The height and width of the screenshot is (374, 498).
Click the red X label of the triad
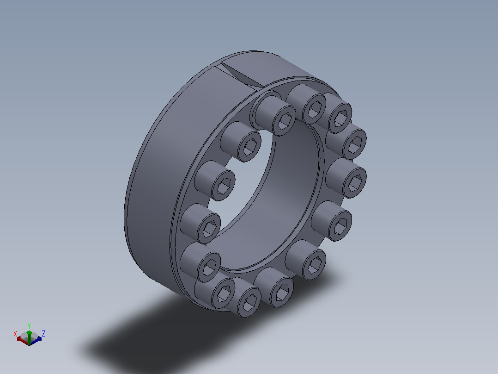(x=15, y=334)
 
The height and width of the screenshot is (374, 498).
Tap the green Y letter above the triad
(x=29, y=325)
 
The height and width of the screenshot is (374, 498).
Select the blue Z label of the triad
(x=43, y=333)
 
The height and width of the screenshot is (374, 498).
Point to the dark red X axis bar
(x=23, y=340)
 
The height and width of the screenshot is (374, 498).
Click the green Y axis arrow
(x=29, y=337)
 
